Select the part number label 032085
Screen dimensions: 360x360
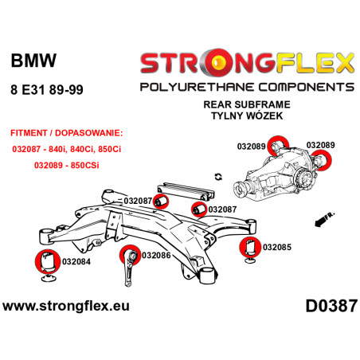tap(277, 247)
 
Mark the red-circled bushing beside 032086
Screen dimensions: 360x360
tap(128, 256)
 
